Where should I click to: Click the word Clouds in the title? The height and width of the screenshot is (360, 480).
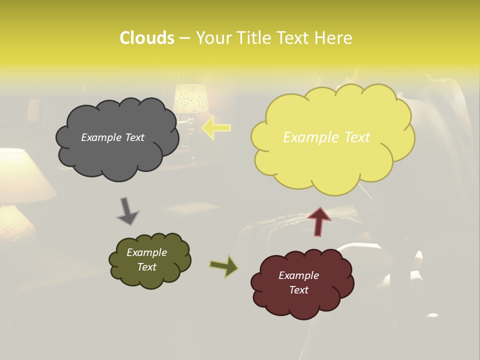pos(146,38)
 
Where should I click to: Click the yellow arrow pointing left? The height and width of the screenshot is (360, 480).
pos(216,128)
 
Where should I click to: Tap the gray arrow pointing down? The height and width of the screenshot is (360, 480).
pos(127,211)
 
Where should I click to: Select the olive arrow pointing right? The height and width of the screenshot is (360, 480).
pos(223,266)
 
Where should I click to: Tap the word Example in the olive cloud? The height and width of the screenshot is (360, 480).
pos(147,252)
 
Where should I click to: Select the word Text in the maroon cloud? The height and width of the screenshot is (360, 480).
pos(299,290)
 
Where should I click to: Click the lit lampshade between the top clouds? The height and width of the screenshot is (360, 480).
pos(190,98)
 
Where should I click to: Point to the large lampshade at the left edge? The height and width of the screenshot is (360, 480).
pos(20,175)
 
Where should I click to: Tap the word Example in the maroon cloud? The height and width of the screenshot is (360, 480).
pos(298,275)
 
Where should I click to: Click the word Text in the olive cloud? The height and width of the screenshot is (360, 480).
pos(147,267)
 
